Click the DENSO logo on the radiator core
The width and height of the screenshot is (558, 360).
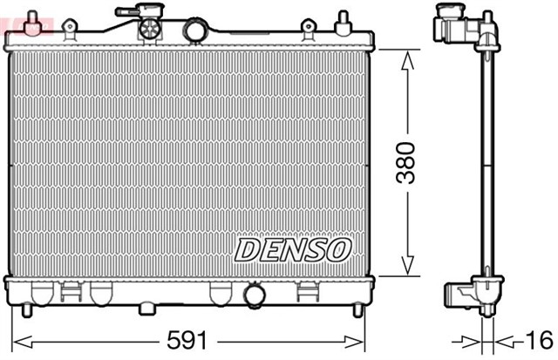292,250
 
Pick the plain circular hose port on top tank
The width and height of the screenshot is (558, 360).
194,31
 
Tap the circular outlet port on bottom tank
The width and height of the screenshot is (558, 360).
255,296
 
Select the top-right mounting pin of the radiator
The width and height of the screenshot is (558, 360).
343,19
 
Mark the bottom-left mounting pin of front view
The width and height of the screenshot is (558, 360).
26,310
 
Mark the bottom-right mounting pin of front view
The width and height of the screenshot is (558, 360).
357,310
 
